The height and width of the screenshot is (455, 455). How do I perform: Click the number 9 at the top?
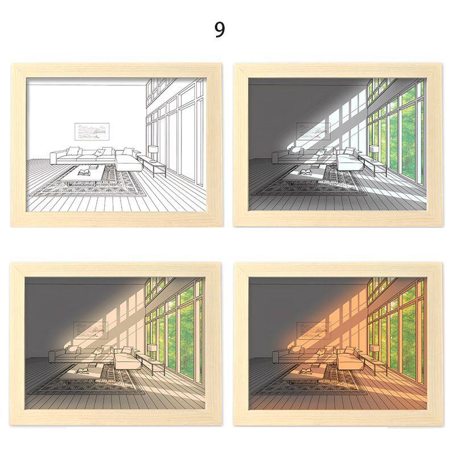[220, 30]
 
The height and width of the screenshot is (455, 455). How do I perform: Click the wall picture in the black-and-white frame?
[92, 130]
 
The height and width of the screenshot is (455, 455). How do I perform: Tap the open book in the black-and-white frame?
[84, 173]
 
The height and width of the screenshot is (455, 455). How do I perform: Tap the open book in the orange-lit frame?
[306, 371]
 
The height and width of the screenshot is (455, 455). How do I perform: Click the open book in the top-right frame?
[306, 172]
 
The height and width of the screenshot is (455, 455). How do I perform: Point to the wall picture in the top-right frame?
[314, 131]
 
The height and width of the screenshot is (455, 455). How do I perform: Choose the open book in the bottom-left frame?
[83, 371]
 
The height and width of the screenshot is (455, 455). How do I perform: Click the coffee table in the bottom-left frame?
[81, 374]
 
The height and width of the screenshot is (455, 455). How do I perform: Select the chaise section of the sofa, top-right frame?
[349, 162]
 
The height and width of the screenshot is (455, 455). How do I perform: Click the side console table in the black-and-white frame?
[151, 166]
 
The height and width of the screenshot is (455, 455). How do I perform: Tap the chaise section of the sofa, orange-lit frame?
[349, 361]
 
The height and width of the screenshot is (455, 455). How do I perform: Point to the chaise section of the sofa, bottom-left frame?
[127, 361]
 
